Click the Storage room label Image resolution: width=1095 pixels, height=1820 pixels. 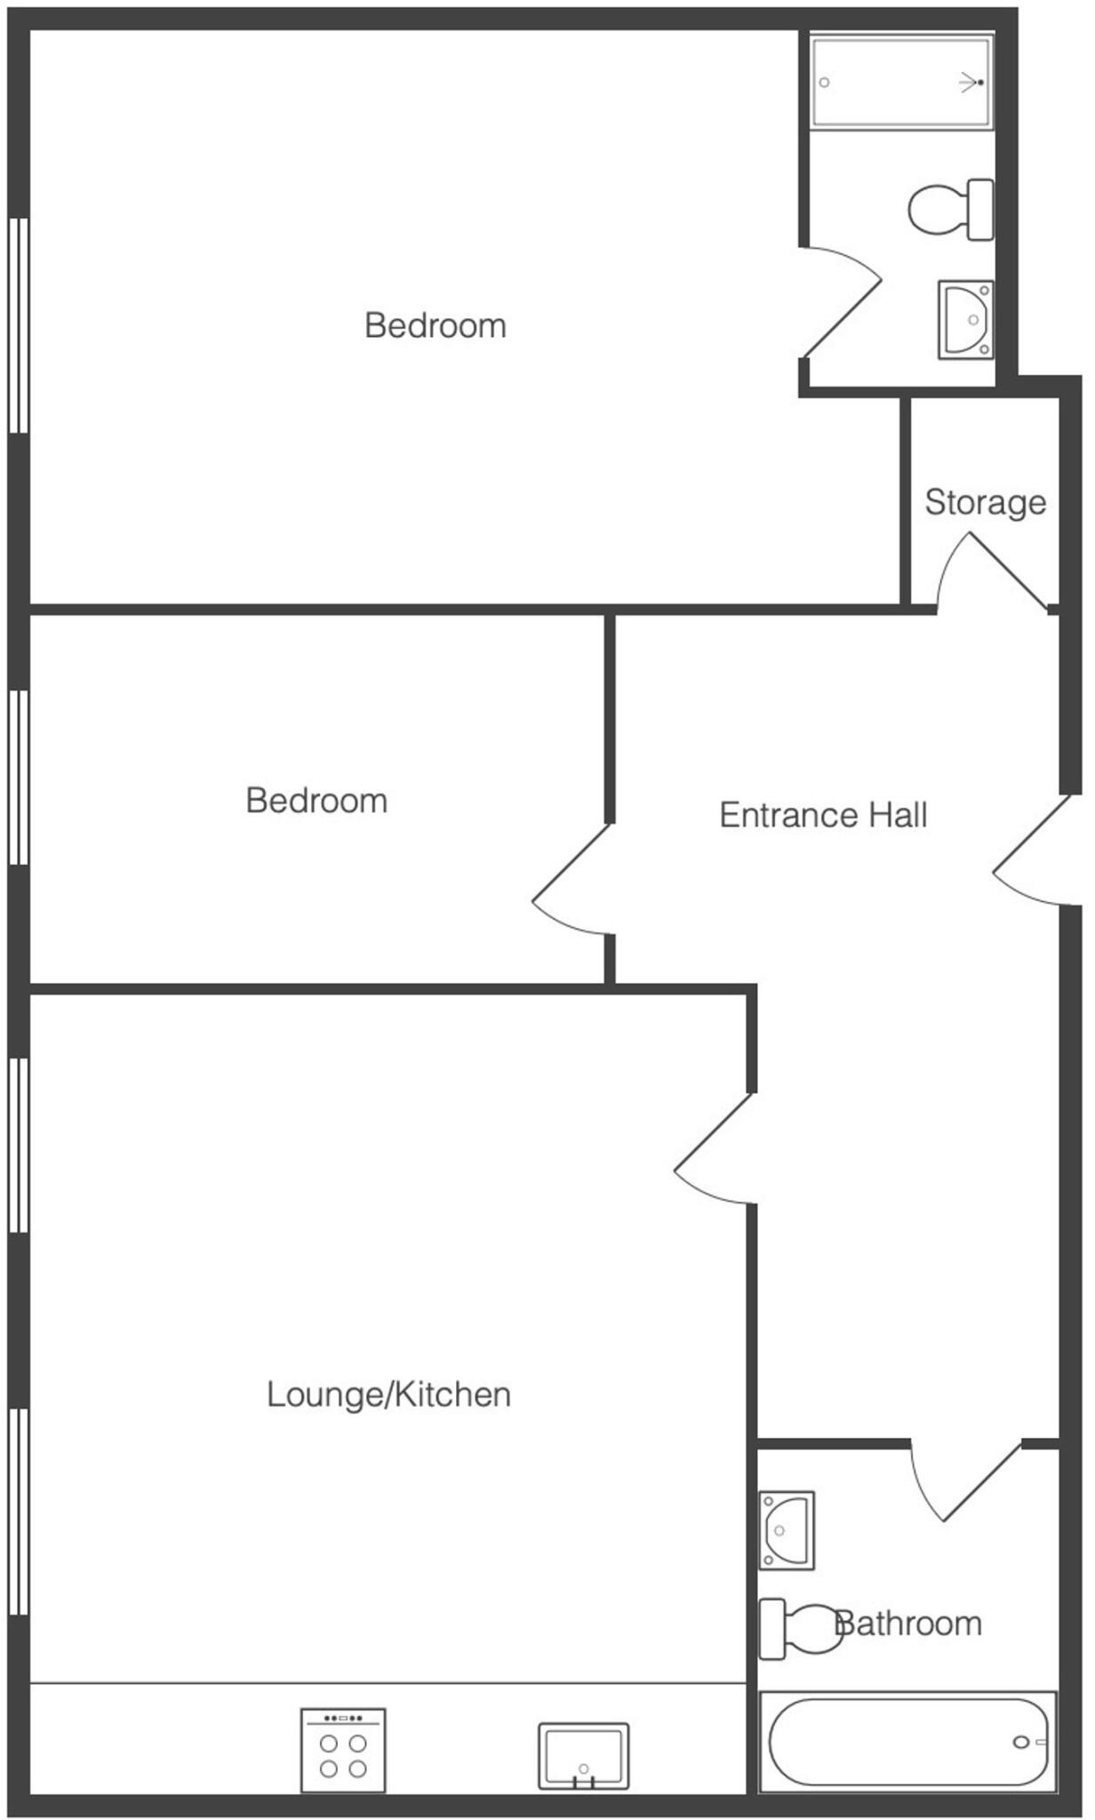point(985,503)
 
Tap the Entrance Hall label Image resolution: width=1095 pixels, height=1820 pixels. point(823,816)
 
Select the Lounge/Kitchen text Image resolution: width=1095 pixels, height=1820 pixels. point(388,1394)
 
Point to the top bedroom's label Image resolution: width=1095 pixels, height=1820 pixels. point(436,326)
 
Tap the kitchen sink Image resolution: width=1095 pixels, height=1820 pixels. point(583,1755)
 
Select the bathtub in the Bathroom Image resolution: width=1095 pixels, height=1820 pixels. point(908,1742)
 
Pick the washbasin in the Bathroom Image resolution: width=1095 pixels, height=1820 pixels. point(787,1529)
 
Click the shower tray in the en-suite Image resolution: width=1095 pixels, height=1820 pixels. point(901,82)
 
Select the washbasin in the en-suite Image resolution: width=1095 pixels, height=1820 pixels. point(966,320)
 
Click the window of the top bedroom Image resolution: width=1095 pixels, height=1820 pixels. point(19,325)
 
